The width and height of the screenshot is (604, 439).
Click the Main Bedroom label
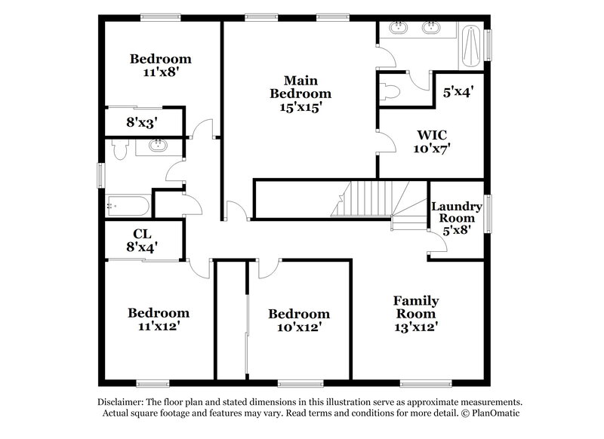pos(300,94)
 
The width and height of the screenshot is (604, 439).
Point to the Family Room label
pos(415,314)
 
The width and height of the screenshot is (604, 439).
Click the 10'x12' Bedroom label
pos(299,321)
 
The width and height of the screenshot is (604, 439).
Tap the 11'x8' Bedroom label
pos(160,66)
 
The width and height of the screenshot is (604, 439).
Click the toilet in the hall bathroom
pos(118,150)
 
